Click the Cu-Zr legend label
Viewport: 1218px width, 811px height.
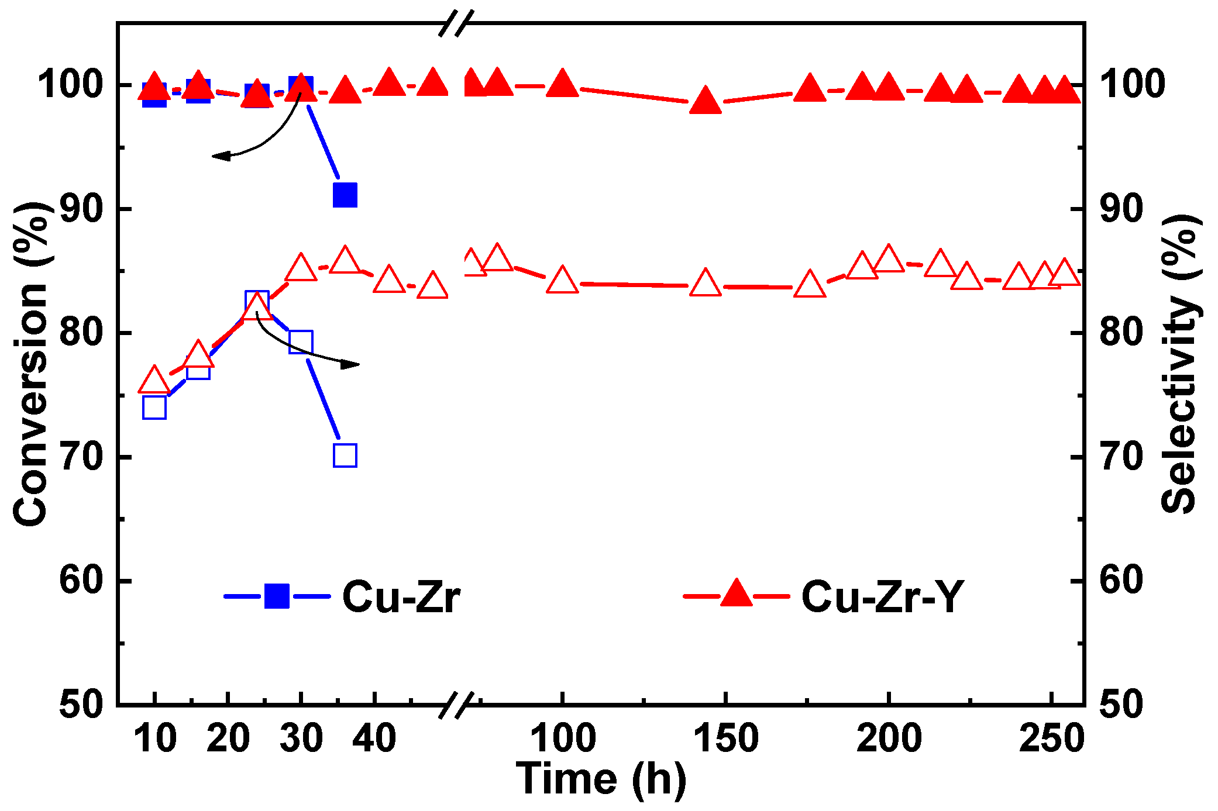tap(401, 597)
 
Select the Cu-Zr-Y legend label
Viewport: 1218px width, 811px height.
tap(882, 597)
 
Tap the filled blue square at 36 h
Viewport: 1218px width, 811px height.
tap(345, 195)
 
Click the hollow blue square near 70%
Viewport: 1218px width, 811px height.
tap(345, 455)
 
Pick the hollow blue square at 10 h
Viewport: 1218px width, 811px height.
tap(154, 408)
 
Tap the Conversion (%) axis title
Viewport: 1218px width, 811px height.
tap(30, 364)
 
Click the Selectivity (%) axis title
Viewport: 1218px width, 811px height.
tap(1181, 364)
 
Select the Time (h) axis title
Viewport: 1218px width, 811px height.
tap(601, 779)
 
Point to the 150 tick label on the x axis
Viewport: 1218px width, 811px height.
tap(725, 738)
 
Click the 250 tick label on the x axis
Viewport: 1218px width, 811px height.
tap(1051, 738)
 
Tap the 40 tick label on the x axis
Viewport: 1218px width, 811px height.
tap(374, 738)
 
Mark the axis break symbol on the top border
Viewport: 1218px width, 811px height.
tap(456, 23)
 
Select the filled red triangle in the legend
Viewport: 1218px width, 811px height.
tap(737, 594)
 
